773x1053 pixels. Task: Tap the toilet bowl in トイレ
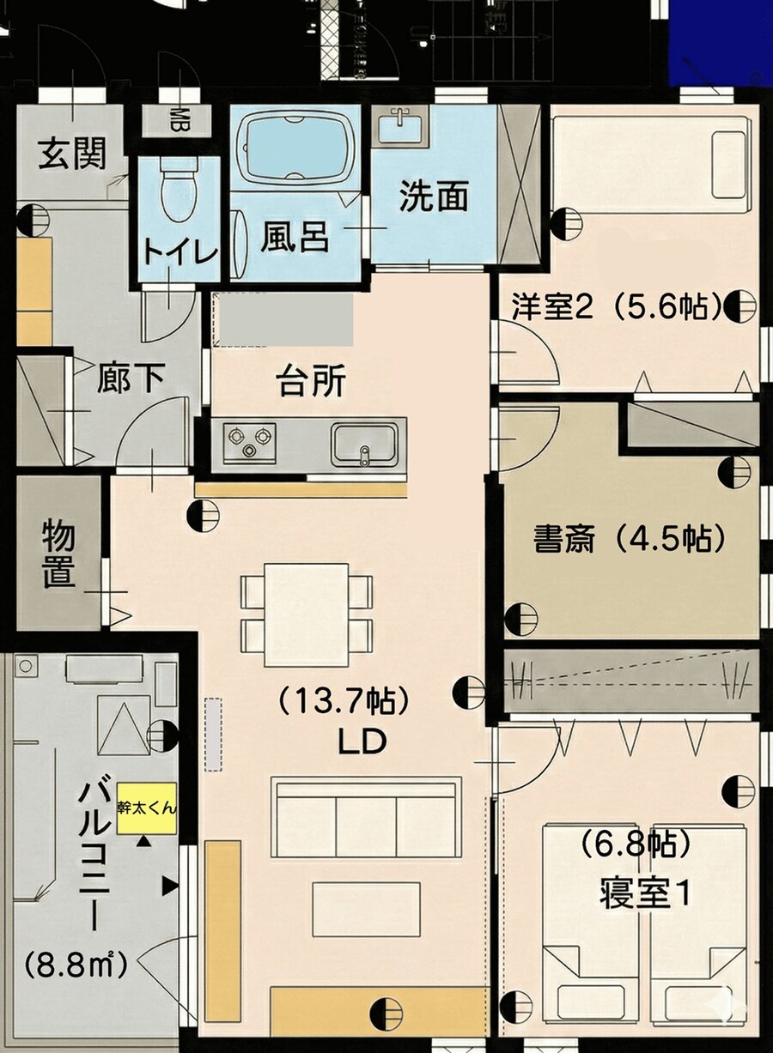point(179,194)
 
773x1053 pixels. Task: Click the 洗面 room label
point(434,197)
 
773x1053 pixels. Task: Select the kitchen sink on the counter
point(366,442)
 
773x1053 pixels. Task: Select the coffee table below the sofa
point(366,909)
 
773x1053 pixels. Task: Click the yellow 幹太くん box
point(147,808)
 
